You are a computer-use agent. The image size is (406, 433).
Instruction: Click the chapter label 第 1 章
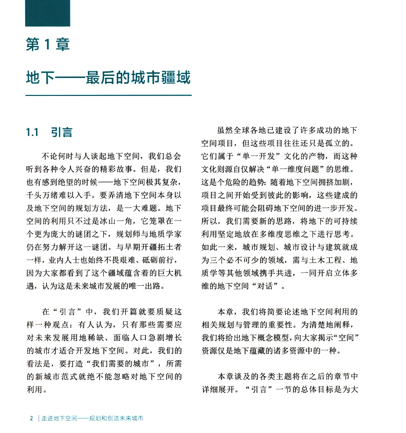click(47, 45)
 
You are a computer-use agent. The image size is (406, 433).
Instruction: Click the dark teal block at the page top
click(47, 13)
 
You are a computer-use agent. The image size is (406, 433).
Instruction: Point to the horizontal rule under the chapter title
click(108, 95)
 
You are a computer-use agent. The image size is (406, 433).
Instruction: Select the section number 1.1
click(32, 132)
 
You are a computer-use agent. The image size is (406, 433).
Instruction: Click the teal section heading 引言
click(62, 132)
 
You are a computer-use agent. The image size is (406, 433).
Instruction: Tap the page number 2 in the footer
click(31, 418)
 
